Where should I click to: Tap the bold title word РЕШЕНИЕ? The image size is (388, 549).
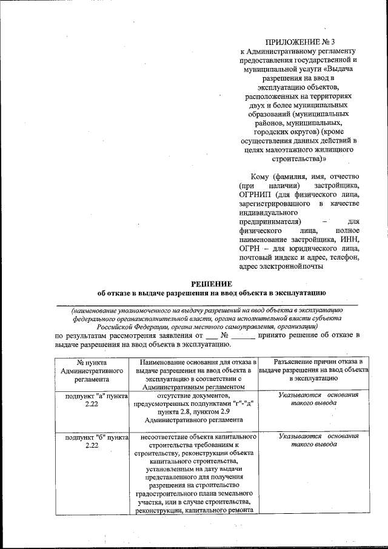click(212, 283)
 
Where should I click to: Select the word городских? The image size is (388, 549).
click(272, 132)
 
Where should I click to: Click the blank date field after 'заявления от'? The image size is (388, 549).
click(211, 335)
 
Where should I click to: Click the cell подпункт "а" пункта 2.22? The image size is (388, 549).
click(92, 400)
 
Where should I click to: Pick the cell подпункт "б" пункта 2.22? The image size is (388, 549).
click(92, 440)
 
